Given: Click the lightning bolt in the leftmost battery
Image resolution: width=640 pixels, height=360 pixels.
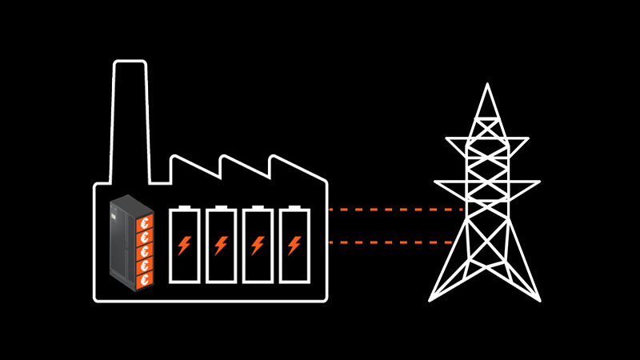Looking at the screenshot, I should tap(184, 244).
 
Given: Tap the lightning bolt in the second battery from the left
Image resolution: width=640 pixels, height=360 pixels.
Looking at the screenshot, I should tap(221, 244).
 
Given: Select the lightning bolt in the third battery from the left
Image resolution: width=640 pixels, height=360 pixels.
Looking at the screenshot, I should tap(258, 244).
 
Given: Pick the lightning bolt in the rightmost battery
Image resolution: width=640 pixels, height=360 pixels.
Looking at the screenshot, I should tap(294, 244).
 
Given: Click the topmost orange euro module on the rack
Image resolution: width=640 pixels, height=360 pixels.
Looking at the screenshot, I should tap(144, 223).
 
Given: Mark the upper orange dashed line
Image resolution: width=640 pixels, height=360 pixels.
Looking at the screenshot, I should tap(396, 210).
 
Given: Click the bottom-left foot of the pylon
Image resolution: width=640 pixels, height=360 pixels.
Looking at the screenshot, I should tap(432, 299).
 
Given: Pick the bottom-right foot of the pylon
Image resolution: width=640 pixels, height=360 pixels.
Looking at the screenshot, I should tap(538, 299).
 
